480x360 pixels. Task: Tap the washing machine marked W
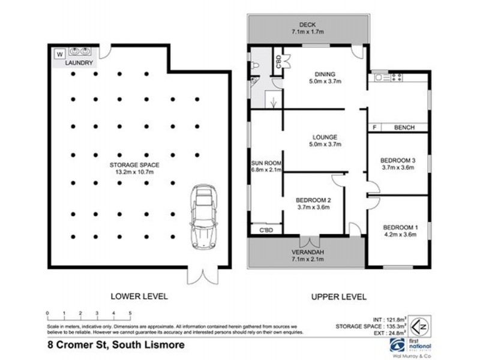59,54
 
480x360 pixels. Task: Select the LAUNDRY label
79,62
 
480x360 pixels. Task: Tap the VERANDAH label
306,253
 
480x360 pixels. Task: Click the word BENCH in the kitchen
405,127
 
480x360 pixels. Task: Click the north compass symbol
422,329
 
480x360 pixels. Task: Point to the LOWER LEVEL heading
139,296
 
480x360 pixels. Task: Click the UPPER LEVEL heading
338,296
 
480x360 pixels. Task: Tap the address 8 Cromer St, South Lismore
115,345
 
